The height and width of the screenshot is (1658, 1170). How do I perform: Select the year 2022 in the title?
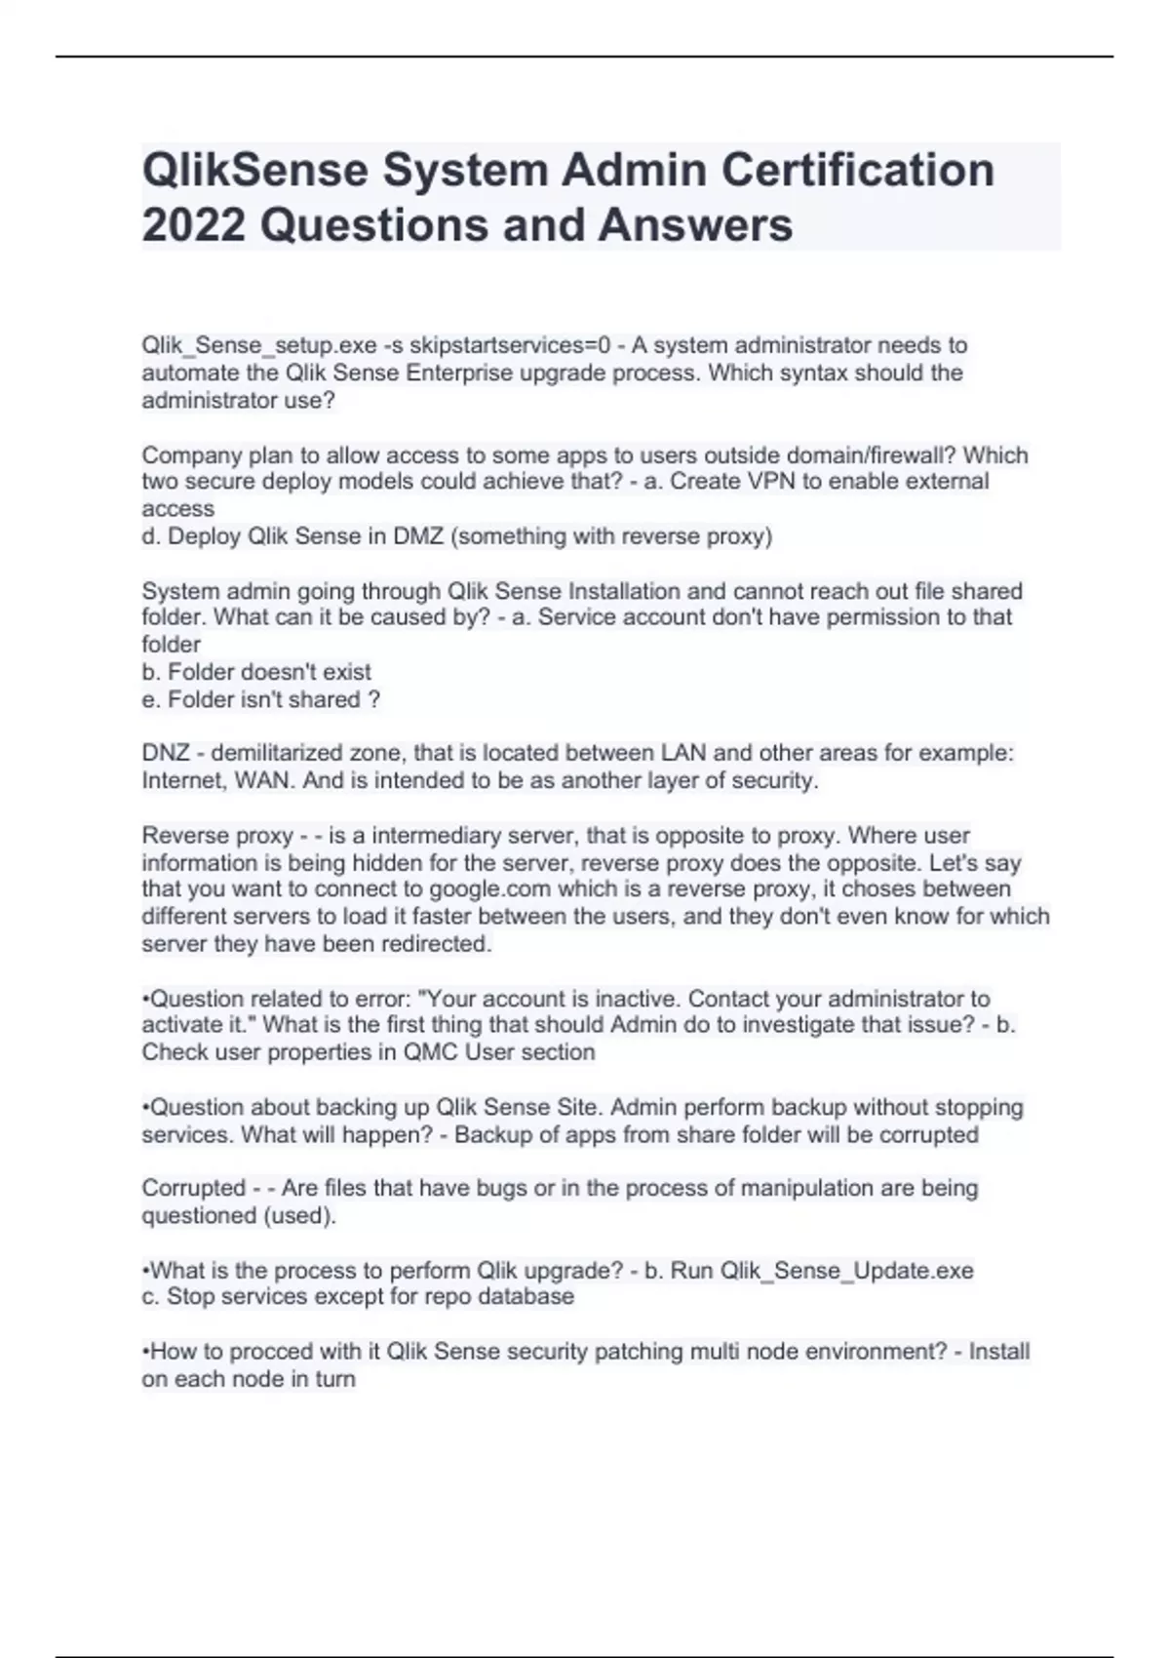click(x=193, y=224)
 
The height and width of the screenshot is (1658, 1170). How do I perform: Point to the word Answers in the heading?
click(x=695, y=224)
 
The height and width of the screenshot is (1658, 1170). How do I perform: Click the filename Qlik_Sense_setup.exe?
click(x=258, y=345)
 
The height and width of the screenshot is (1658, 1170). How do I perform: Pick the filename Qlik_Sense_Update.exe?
click(x=846, y=1271)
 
